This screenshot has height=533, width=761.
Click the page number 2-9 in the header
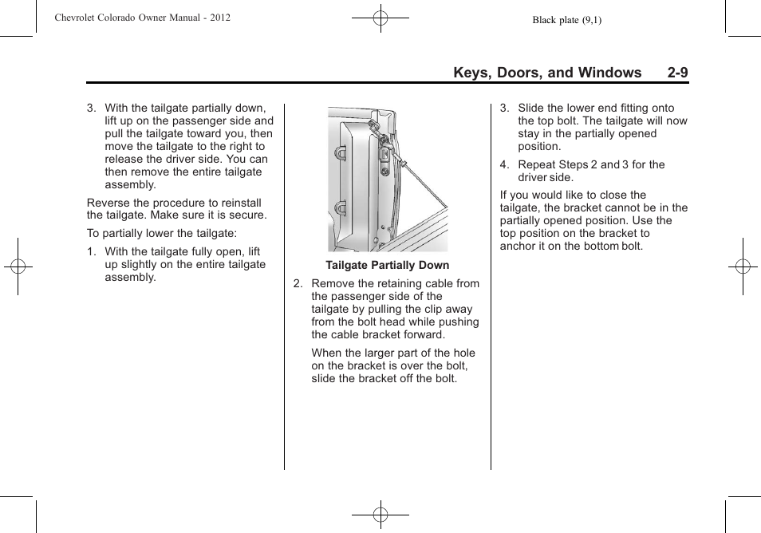678,73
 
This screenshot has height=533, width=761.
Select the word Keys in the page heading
471,73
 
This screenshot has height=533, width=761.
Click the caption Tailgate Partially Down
387,265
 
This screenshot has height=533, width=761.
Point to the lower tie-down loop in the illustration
340,208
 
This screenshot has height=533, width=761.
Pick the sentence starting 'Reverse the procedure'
176,209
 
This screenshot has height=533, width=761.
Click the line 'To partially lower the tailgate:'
162,233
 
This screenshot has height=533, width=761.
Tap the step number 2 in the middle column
298,283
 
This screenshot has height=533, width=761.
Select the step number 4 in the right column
503,164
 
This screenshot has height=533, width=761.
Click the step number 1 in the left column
91,251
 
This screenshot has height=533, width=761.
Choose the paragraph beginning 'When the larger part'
392,365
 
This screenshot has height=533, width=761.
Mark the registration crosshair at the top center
380,17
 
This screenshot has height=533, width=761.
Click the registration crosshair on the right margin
743,266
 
